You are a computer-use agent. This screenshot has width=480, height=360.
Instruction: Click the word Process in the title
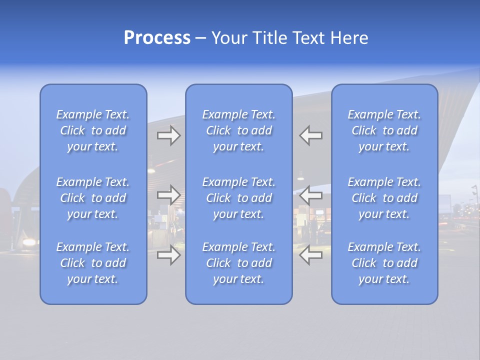point(157,38)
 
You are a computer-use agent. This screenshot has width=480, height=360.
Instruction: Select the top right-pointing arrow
point(169,135)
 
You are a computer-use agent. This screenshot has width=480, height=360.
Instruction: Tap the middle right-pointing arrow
point(169,194)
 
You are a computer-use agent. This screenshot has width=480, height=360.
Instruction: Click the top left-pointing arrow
point(310,135)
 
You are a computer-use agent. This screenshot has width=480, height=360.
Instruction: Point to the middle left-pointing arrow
point(310,194)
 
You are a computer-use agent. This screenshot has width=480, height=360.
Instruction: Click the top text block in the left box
point(93,130)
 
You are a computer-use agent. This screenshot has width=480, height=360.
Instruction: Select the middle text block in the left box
point(93,198)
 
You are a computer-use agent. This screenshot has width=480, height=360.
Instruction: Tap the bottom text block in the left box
point(93,263)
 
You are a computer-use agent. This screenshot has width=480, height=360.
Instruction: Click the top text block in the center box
point(239,130)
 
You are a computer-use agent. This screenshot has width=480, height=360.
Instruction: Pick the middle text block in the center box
point(239,198)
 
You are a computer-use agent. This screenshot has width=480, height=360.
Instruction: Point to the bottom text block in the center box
point(239,263)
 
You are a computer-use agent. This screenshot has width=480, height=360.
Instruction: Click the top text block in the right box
point(384,130)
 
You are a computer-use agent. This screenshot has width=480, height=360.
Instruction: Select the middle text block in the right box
point(384,198)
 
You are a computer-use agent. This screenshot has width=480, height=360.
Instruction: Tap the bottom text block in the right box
point(384,263)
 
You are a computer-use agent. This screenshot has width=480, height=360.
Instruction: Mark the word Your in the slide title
point(229,38)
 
